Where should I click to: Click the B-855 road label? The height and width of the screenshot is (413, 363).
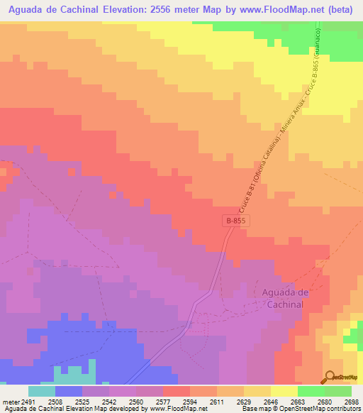(x=238, y=221)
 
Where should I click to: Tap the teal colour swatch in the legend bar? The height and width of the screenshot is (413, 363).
(x=42, y=391)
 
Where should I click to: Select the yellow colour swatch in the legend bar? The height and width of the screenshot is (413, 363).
(x=284, y=391)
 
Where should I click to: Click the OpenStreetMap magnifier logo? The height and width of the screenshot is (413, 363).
(x=329, y=377)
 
